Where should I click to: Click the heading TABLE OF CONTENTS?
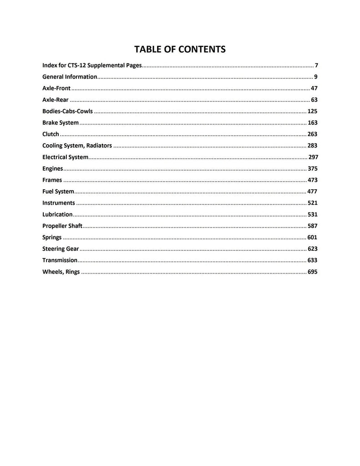pos(180,49)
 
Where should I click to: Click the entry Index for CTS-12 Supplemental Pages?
pos(92,66)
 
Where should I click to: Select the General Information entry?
pos(70,77)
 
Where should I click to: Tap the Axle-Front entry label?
pos(56,88)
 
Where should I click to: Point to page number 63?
pos(314,100)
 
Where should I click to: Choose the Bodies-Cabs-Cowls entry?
pos(67,111)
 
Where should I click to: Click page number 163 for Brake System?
pos(312,123)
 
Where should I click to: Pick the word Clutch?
pos(51,134)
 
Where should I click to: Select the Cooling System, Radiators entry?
pos(77,146)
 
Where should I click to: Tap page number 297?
pos(313,157)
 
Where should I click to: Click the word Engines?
pos(52,169)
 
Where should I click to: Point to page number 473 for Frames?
pos(312,180)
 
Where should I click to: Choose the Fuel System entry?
pos(58,192)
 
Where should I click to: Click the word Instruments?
pos(59,203)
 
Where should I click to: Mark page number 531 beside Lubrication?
pos(312,214)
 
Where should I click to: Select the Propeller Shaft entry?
pos(62,226)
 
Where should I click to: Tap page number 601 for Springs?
pos(312,238)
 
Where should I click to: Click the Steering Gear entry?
pos(61,249)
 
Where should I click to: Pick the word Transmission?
pos(60,260)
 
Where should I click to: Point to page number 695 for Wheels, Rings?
pos(312,272)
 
